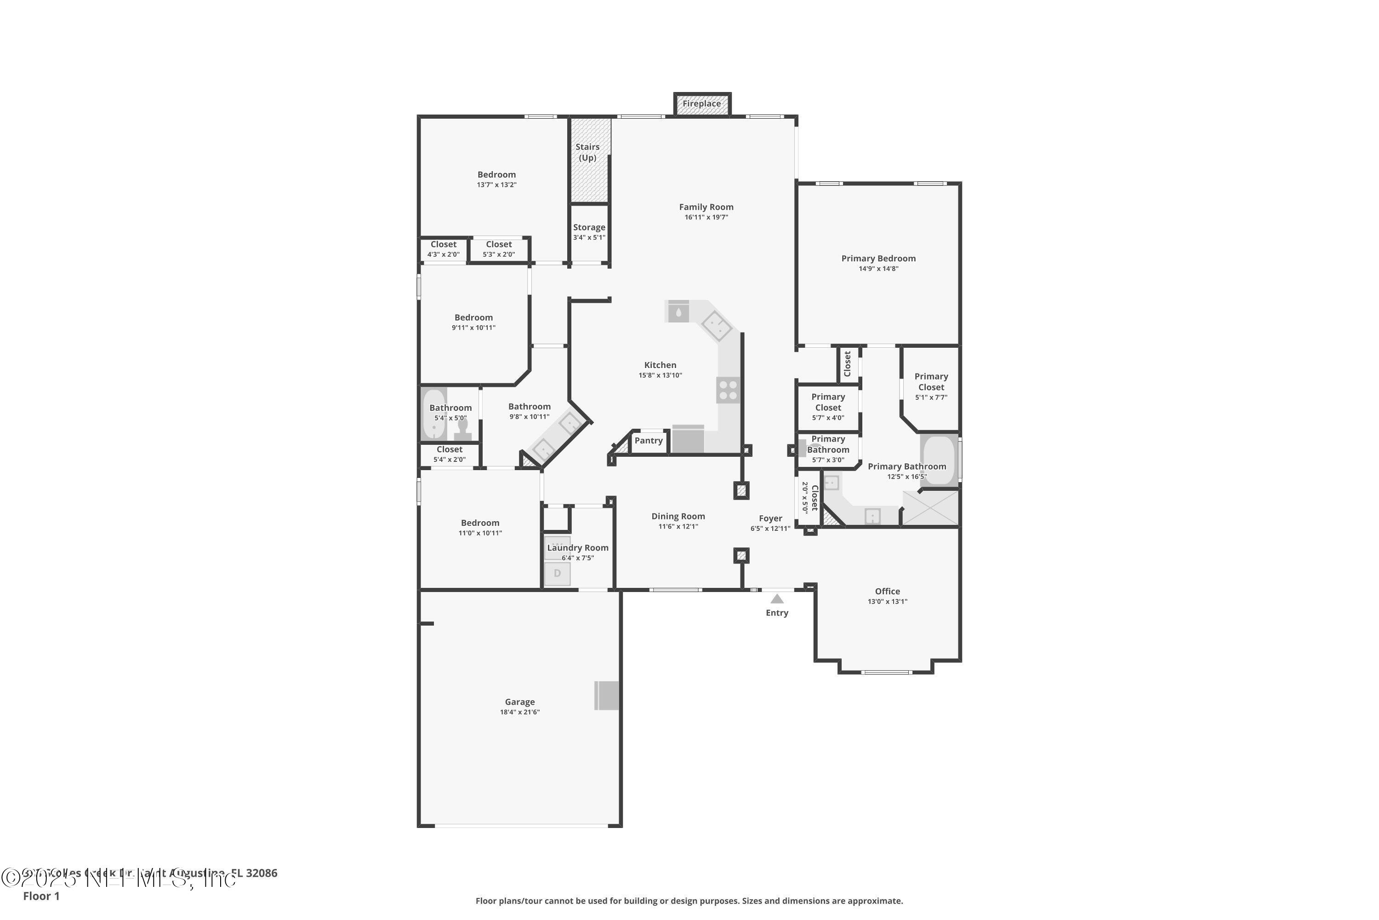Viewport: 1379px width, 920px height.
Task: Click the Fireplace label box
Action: point(702,104)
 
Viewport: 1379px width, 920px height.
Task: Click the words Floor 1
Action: point(41,896)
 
